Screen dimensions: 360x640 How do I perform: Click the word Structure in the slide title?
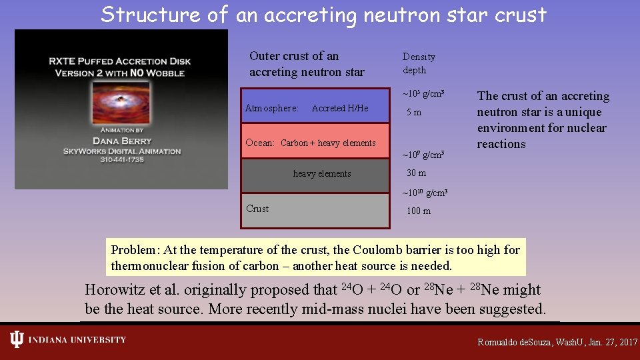[151, 15]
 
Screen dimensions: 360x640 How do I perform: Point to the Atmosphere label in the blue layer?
[271, 108]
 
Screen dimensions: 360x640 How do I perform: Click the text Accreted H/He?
[339, 108]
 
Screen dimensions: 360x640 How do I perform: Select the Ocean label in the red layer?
[259, 143]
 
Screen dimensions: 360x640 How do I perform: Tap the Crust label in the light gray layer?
[257, 209]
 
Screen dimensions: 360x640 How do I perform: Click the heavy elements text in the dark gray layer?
[321, 174]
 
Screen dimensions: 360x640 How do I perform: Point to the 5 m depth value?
[414, 113]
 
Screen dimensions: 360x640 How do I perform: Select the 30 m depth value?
[416, 173]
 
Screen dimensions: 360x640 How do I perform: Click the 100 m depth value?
[419, 211]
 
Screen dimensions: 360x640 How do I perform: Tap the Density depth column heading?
[418, 63]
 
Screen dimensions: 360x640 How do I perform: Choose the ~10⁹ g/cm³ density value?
[423, 155]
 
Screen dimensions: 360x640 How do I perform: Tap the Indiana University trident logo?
[17, 340]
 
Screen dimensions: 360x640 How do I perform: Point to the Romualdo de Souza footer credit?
[557, 342]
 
